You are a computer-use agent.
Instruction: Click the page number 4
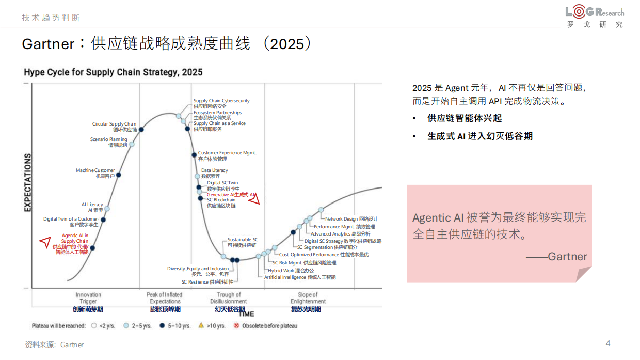pyautogui.click(x=607, y=343)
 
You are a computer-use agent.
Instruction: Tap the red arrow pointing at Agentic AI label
pyautogui.click(x=45, y=241)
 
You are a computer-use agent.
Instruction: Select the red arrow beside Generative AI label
pyautogui.click(x=254, y=199)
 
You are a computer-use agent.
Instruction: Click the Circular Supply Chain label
pyautogui.click(x=115, y=127)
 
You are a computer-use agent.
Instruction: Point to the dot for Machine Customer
pyautogui.click(x=118, y=175)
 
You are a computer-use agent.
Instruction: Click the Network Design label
pyautogui.click(x=351, y=219)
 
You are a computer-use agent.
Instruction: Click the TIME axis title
pyautogui.click(x=246, y=314)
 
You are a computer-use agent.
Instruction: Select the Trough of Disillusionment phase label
pyautogui.click(x=229, y=298)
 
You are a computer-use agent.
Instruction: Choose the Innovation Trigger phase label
pyautogui.click(x=88, y=298)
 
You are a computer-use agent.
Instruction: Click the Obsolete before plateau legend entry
pyautogui.click(x=265, y=326)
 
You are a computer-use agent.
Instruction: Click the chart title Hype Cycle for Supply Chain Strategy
pyautogui.click(x=113, y=72)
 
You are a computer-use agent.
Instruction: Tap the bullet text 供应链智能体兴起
pyautogui.click(x=465, y=118)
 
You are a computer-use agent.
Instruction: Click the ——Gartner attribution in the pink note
pyautogui.click(x=556, y=257)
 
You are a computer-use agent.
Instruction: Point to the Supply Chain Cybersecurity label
pyautogui.click(x=221, y=103)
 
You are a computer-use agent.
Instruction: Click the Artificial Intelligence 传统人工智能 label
pyautogui.click(x=299, y=277)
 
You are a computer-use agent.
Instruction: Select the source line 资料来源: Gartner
pyautogui.click(x=54, y=345)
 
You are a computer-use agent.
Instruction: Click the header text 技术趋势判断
pyautogui.click(x=51, y=18)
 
